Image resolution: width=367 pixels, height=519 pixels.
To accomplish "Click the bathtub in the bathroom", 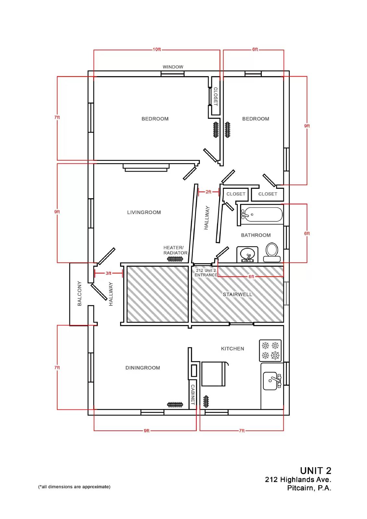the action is [x=262, y=214].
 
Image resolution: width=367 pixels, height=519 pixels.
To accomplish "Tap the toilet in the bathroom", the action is [x=272, y=252].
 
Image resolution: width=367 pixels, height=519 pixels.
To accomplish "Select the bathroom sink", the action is [x=247, y=254].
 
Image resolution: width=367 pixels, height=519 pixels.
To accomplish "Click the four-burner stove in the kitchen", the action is [x=270, y=350].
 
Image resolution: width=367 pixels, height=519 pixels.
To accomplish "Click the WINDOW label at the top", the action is [x=173, y=67].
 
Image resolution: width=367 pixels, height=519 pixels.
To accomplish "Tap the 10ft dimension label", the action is [x=157, y=49].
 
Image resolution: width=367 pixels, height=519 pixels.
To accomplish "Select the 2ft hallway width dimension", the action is [x=208, y=192].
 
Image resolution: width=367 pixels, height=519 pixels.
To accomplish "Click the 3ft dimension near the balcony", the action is [x=108, y=273].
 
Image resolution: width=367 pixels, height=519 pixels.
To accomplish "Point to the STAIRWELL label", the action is [x=238, y=295].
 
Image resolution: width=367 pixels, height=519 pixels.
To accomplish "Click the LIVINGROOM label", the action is [x=144, y=212].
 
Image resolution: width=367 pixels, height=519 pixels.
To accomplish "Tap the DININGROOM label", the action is [x=142, y=368].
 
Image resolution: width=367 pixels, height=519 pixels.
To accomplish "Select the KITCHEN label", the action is [x=233, y=349].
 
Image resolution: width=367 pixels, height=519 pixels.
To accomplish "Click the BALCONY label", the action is [x=80, y=294].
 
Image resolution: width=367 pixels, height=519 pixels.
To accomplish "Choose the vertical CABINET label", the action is [x=193, y=394].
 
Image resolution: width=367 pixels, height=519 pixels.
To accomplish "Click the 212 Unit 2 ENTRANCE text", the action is [x=206, y=273].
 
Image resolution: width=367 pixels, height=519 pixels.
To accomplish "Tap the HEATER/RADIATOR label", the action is [x=175, y=250].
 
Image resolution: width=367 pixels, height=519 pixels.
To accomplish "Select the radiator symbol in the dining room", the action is [x=175, y=405].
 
